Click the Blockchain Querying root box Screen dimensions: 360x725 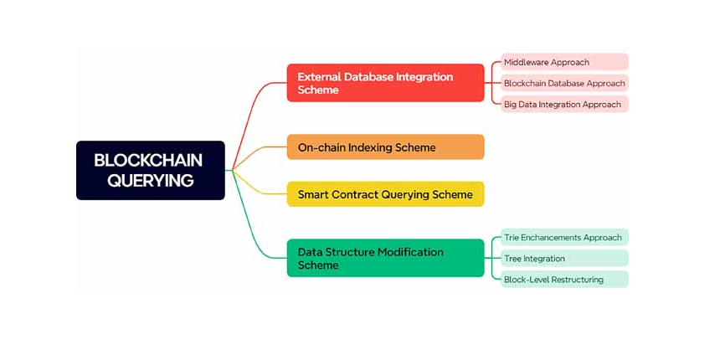pyautogui.click(x=151, y=170)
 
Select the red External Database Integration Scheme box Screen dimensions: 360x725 pyautogui.click(x=385, y=83)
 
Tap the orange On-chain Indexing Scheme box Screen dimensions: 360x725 pyautogui.click(x=385, y=147)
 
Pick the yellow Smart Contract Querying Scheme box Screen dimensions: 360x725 pyautogui.click(x=385, y=194)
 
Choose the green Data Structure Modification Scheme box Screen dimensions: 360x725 pyautogui.click(x=385, y=258)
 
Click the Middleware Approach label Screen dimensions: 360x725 pyautogui.click(x=564, y=62)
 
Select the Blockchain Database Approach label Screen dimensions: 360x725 pyautogui.click(x=564, y=83)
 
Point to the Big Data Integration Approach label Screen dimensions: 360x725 pyautogui.click(x=564, y=105)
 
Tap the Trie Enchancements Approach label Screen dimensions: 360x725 pyautogui.click(x=564, y=238)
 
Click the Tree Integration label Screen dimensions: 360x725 pyautogui.click(x=564, y=259)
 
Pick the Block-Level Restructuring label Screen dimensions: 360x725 pyautogui.click(x=564, y=280)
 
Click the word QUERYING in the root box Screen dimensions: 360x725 pyautogui.click(x=151, y=180)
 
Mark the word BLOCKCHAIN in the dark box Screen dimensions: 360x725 pyautogui.click(x=148, y=159)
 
